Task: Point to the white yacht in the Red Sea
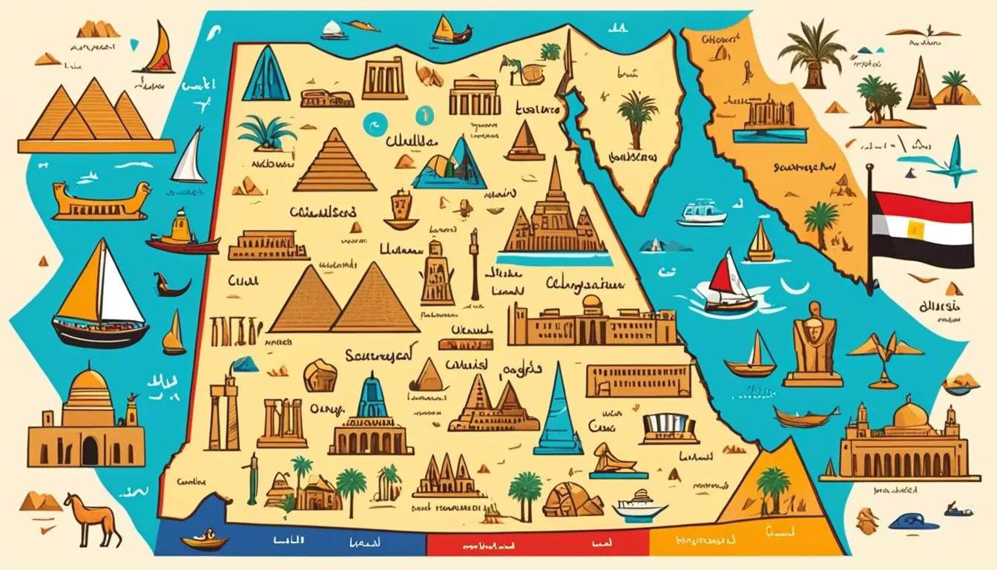coord(701,212)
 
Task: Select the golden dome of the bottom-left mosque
coord(88,387)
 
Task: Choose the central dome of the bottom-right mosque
coord(910,414)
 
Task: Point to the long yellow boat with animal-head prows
coord(101,202)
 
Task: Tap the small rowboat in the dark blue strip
coord(203,539)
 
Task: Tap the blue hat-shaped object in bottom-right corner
coord(912,521)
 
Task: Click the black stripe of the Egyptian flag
coord(924,255)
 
